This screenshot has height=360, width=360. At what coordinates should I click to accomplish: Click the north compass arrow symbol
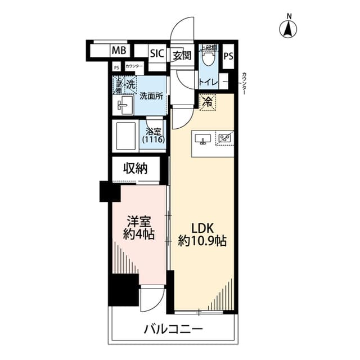click(289, 28)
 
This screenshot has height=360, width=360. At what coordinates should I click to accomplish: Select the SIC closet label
click(156, 54)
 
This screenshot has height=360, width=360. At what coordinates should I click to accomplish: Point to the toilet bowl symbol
click(210, 56)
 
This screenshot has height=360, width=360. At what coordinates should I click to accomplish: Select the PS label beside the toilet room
click(228, 56)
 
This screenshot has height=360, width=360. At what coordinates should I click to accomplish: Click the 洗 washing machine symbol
click(130, 84)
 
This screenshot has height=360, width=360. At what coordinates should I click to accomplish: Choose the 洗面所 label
click(151, 96)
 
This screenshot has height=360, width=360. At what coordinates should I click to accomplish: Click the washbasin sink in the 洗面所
click(124, 105)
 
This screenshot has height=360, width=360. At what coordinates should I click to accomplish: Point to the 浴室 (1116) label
click(153, 136)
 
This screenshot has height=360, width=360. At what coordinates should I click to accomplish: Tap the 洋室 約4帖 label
click(139, 228)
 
